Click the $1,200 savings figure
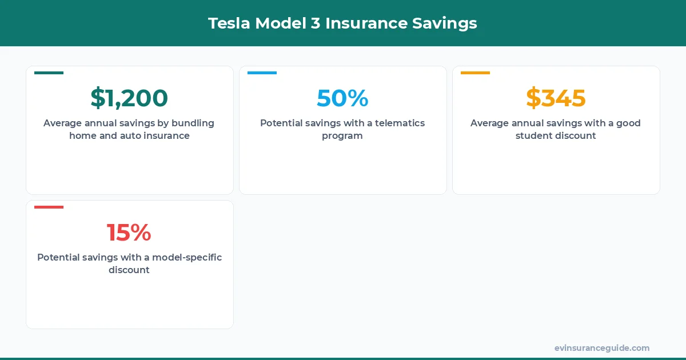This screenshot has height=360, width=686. (x=129, y=98)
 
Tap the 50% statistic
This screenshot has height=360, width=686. (x=342, y=98)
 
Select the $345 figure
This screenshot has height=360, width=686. (x=556, y=98)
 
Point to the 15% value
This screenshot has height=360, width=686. (x=129, y=233)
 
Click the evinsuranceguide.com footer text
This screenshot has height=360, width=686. (x=601, y=348)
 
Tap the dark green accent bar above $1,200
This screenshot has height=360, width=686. (x=49, y=73)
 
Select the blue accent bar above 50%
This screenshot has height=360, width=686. (x=262, y=73)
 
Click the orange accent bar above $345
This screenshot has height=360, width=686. (x=475, y=73)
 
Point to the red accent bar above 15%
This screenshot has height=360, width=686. (x=49, y=207)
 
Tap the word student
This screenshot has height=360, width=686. (x=533, y=136)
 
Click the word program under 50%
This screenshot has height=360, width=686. (x=342, y=136)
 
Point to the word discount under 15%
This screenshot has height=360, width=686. (x=129, y=270)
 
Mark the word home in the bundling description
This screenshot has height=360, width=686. (x=82, y=136)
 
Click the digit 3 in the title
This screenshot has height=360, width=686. (x=315, y=23)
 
